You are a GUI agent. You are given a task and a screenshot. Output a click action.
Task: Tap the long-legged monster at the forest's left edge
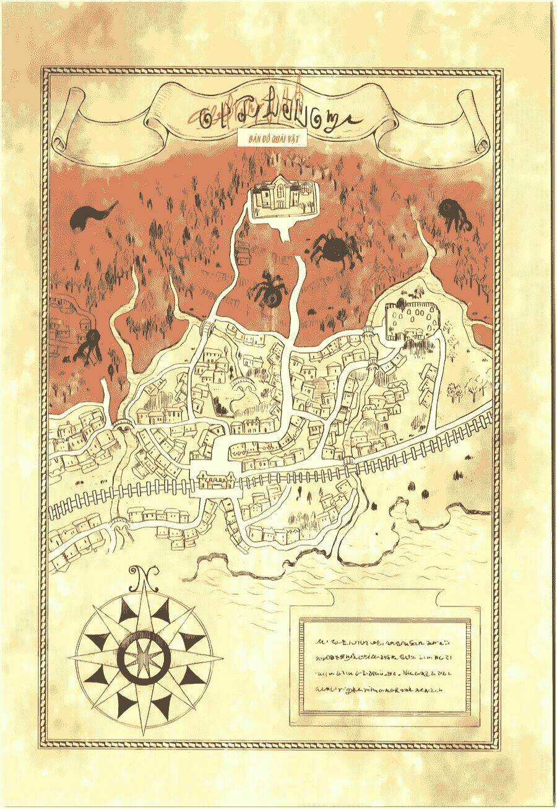[x=89, y=344]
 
